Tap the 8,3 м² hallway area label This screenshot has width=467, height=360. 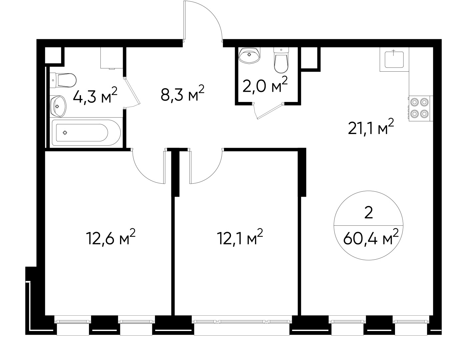click(x=182, y=93)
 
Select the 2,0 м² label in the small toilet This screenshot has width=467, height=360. click(x=265, y=84)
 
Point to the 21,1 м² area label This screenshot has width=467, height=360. click(x=371, y=127)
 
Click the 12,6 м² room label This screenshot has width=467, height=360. click(x=111, y=237)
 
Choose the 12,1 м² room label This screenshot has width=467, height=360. click(x=240, y=237)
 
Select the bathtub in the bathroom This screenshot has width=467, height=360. click(x=86, y=133)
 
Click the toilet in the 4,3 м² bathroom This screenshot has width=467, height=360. click(x=63, y=80)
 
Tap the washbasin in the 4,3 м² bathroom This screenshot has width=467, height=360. click(x=58, y=106)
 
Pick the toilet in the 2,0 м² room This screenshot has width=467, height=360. click(x=281, y=60)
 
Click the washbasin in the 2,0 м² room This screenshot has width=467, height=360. click(x=250, y=55)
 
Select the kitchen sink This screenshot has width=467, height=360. click(x=394, y=59)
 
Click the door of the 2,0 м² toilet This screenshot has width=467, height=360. click(x=269, y=111)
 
